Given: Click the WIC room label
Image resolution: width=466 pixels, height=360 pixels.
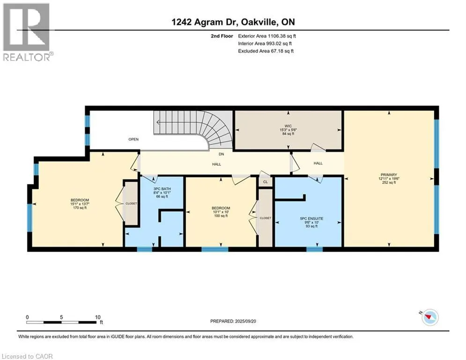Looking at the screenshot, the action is [x=288, y=126].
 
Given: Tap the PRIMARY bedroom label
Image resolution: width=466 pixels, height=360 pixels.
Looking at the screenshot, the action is [x=389, y=175].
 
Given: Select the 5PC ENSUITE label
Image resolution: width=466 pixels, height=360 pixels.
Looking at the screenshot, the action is [x=311, y=218].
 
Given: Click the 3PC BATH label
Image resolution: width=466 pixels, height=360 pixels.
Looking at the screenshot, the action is [x=162, y=189].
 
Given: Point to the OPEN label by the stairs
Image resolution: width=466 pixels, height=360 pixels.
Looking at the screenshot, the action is [x=133, y=139].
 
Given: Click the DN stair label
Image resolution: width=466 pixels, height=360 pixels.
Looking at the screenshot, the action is [x=221, y=154].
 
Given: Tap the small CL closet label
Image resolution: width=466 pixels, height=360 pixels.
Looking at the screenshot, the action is [x=266, y=182].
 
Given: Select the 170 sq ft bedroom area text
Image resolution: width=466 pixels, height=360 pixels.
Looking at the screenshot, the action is [x=80, y=208].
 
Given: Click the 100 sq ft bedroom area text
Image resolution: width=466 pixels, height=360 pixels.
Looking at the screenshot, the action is [x=221, y=216].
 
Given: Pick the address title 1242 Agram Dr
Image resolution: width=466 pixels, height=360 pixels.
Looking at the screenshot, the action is [x=205, y=22].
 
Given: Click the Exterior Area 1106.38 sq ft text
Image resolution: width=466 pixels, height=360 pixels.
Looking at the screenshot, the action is [x=267, y=36].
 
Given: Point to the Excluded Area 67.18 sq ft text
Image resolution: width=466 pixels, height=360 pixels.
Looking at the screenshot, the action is [x=266, y=51].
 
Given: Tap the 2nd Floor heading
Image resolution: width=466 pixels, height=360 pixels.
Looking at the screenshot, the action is [x=222, y=36].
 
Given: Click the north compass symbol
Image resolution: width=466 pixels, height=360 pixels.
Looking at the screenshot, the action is [x=429, y=317].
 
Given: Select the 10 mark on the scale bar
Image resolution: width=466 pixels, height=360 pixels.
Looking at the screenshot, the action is [x=98, y=317].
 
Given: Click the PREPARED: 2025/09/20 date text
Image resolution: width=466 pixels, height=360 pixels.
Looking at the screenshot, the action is [x=233, y=321].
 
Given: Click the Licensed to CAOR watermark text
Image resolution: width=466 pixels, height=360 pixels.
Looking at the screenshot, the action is [x=27, y=356].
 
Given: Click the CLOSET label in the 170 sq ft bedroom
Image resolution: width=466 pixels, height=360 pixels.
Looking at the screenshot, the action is [x=131, y=203].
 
